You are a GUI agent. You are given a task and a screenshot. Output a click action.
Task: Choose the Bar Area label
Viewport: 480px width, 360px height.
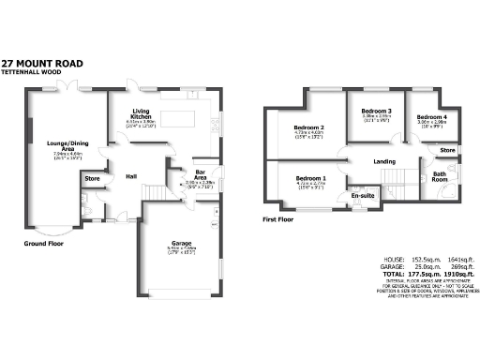pos(200,174)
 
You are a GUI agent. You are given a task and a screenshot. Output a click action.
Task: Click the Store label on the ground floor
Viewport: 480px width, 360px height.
pos(92,178)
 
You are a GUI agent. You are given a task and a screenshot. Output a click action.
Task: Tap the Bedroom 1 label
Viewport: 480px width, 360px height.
pos(311,178)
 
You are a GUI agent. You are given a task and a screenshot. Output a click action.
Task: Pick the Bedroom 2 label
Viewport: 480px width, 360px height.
pos(308,127)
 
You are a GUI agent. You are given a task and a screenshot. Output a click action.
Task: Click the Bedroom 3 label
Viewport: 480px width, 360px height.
pos(376,112)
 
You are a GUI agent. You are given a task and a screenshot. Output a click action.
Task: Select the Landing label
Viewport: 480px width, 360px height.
pos(384,161)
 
